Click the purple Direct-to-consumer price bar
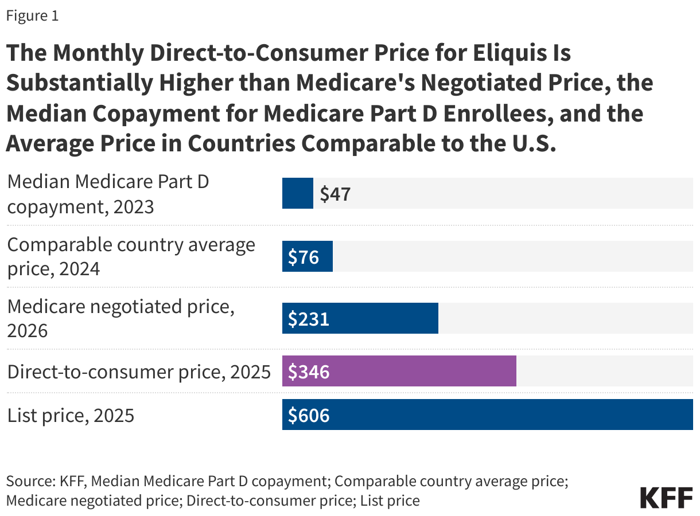tap(399, 371)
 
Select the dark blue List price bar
tap(487, 415)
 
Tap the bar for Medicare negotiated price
tap(360, 318)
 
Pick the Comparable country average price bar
tap(307, 257)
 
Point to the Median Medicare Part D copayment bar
tap(297, 193)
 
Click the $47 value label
tap(335, 194)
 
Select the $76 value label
tap(304, 257)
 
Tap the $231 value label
tap(309, 319)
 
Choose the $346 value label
tap(309, 372)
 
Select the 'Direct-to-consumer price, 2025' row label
tap(139, 372)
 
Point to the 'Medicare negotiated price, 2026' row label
tap(120, 318)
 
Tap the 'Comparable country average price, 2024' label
tap(131, 256)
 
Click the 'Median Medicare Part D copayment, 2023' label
tap(108, 194)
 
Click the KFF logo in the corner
tap(666, 497)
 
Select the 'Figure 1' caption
tap(32, 16)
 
